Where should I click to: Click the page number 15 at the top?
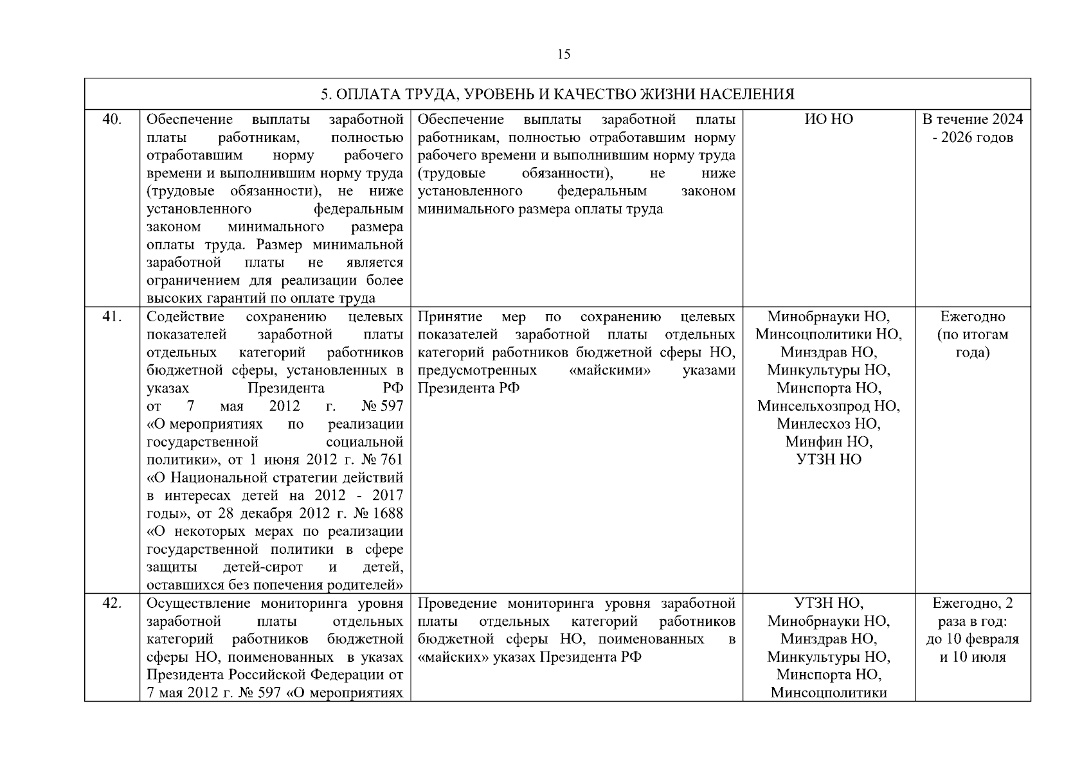[x=563, y=55]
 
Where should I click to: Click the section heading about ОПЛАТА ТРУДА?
[x=557, y=94]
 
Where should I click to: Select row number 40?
[x=113, y=120]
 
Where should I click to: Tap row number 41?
[x=113, y=317]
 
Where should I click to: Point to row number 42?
[x=113, y=603]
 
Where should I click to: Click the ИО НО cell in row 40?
[x=829, y=120]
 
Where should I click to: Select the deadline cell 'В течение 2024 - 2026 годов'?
[x=972, y=128]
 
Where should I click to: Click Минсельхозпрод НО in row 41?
[x=829, y=406]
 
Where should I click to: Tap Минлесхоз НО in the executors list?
[x=829, y=424]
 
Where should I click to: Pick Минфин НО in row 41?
[x=829, y=442]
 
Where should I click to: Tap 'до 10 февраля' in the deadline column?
[x=972, y=639]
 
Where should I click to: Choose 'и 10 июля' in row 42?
[x=972, y=657]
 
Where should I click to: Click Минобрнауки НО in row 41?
[x=829, y=317]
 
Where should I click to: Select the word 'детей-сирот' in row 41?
[x=262, y=568]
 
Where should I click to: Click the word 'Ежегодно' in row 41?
[x=972, y=317]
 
